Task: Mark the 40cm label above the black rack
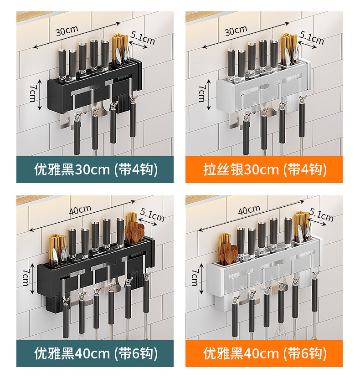click(80, 210)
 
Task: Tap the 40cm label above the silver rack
click(249, 210)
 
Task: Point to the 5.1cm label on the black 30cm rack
click(143, 38)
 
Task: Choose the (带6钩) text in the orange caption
click(304, 353)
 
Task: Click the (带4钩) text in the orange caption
click(304, 170)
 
